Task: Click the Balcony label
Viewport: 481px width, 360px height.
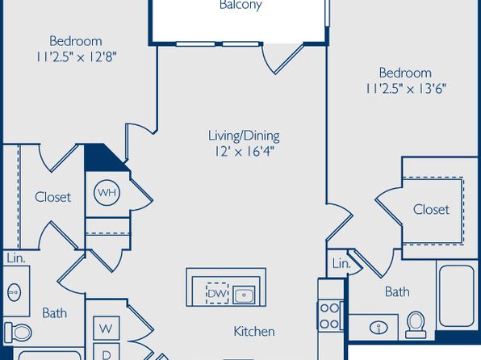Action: click(x=240, y=5)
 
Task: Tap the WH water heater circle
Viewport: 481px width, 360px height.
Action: click(x=107, y=192)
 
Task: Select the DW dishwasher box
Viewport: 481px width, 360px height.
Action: click(x=217, y=293)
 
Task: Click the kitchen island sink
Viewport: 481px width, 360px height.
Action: click(x=244, y=295)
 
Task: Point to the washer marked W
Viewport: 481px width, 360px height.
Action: click(x=107, y=329)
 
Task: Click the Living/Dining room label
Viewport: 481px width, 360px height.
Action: click(x=244, y=136)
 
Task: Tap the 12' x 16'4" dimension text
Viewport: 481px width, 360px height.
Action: click(x=245, y=152)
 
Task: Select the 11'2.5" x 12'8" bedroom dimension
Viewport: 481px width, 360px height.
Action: click(x=76, y=57)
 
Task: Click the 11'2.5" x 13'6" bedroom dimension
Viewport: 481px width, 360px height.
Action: click(x=405, y=89)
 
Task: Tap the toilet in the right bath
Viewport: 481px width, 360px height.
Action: click(x=416, y=324)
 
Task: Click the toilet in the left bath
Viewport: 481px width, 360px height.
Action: click(x=18, y=332)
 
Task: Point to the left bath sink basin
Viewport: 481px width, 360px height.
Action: click(x=14, y=292)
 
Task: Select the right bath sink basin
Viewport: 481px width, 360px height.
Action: click(x=379, y=328)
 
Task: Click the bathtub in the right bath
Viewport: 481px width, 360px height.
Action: click(x=457, y=295)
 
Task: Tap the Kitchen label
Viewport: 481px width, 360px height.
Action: click(x=254, y=332)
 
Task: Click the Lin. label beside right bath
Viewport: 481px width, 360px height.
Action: click(x=341, y=263)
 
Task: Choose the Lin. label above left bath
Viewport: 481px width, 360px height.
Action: click(x=16, y=258)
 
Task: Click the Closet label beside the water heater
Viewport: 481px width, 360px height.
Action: click(x=52, y=197)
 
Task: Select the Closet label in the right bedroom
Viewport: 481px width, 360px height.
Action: click(x=431, y=210)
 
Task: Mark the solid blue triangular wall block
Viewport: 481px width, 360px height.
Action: click(x=100, y=160)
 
